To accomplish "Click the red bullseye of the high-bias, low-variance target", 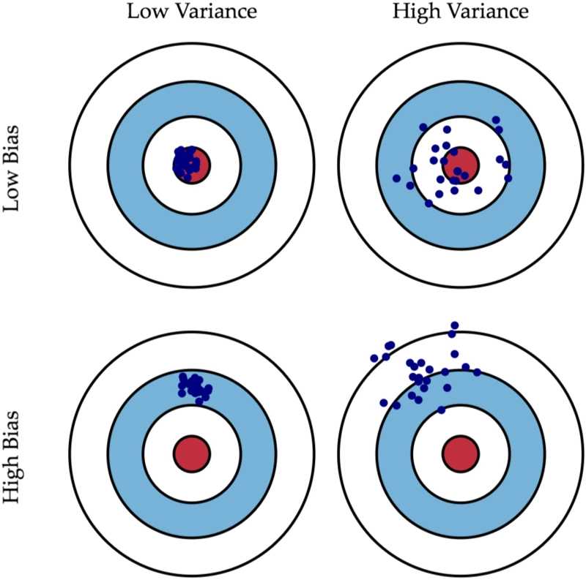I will click(x=192, y=453).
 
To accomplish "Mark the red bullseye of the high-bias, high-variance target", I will click(x=461, y=453).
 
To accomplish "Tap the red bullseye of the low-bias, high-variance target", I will click(x=461, y=163).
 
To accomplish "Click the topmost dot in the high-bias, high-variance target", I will click(x=454, y=325).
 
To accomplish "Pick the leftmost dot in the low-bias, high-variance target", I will click(x=396, y=178).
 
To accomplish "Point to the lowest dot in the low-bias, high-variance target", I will click(x=429, y=205).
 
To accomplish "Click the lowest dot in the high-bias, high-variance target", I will click(x=441, y=410).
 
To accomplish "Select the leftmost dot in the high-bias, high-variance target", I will click(x=374, y=358).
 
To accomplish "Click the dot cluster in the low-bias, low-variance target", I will click(x=185, y=162).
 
